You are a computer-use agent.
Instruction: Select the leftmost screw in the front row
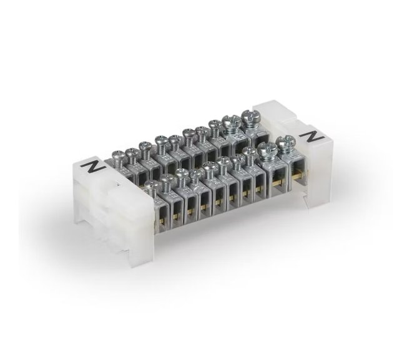coord(150,185)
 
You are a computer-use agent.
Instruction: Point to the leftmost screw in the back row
coord(116,156)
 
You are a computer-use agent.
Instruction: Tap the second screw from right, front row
coord(267,150)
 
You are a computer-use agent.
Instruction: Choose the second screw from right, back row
coord(231,122)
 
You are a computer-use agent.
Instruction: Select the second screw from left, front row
coord(168,180)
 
